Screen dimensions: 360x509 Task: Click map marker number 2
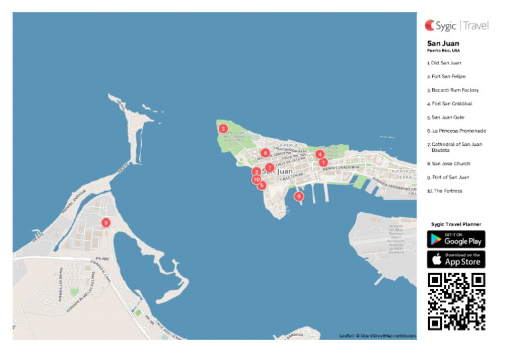223,129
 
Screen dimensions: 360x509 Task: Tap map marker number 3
105,223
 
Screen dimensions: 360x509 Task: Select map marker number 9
299,196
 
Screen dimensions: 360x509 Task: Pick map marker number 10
256,179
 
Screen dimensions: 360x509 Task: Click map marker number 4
320,154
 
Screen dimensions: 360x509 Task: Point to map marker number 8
265,153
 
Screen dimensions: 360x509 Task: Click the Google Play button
456,239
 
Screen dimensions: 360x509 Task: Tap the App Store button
456,259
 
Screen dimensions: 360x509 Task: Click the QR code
456,302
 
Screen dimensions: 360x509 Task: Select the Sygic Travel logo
457,26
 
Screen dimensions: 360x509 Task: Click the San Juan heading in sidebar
443,44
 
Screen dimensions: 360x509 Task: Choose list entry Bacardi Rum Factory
453,90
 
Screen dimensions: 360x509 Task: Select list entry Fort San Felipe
446,76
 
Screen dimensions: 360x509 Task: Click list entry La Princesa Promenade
457,131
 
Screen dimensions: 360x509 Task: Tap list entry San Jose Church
449,163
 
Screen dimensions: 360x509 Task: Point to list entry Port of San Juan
448,177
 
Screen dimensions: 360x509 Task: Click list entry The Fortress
445,191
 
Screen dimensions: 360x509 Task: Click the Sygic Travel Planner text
456,224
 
